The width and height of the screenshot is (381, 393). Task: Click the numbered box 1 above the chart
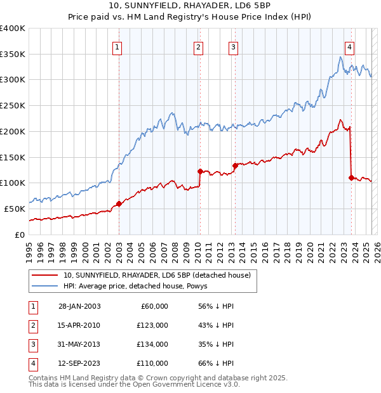click(x=118, y=46)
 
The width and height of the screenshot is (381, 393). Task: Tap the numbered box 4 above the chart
click(x=350, y=46)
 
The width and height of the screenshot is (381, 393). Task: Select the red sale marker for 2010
click(x=200, y=171)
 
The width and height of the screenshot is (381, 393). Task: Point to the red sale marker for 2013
click(x=235, y=165)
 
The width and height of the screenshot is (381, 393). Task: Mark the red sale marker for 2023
click(x=351, y=177)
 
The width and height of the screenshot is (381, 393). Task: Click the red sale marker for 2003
click(x=119, y=203)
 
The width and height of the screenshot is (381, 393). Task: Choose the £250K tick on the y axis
click(x=13, y=105)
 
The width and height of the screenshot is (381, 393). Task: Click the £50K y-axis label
click(x=15, y=209)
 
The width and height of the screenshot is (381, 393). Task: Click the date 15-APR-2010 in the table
click(x=79, y=325)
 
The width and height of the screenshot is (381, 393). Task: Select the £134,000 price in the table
click(x=152, y=344)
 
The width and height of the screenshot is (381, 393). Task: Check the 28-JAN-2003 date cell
click(x=79, y=306)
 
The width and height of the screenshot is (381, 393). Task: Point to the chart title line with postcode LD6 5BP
click(x=190, y=7)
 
